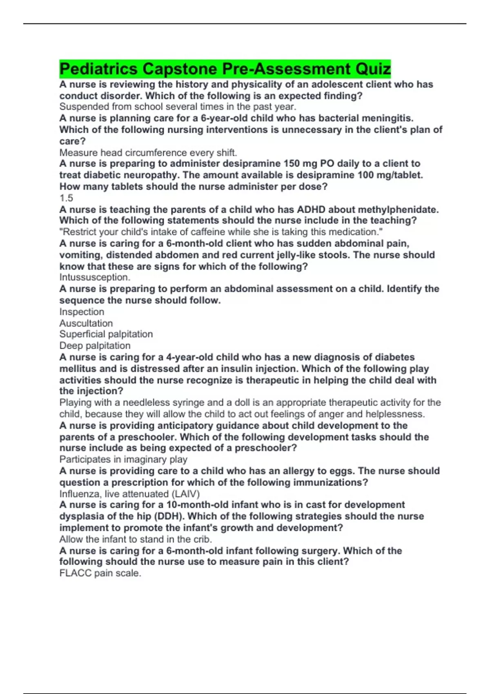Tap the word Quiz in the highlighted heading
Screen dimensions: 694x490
point(373,69)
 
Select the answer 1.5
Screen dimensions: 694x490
point(66,198)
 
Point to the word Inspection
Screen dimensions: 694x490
point(82,311)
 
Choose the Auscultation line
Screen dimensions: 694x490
point(86,323)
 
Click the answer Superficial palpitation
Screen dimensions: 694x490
point(106,334)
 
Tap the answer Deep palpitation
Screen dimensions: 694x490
point(95,345)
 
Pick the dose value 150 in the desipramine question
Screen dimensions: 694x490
point(292,163)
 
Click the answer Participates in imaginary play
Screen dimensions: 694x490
point(123,459)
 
